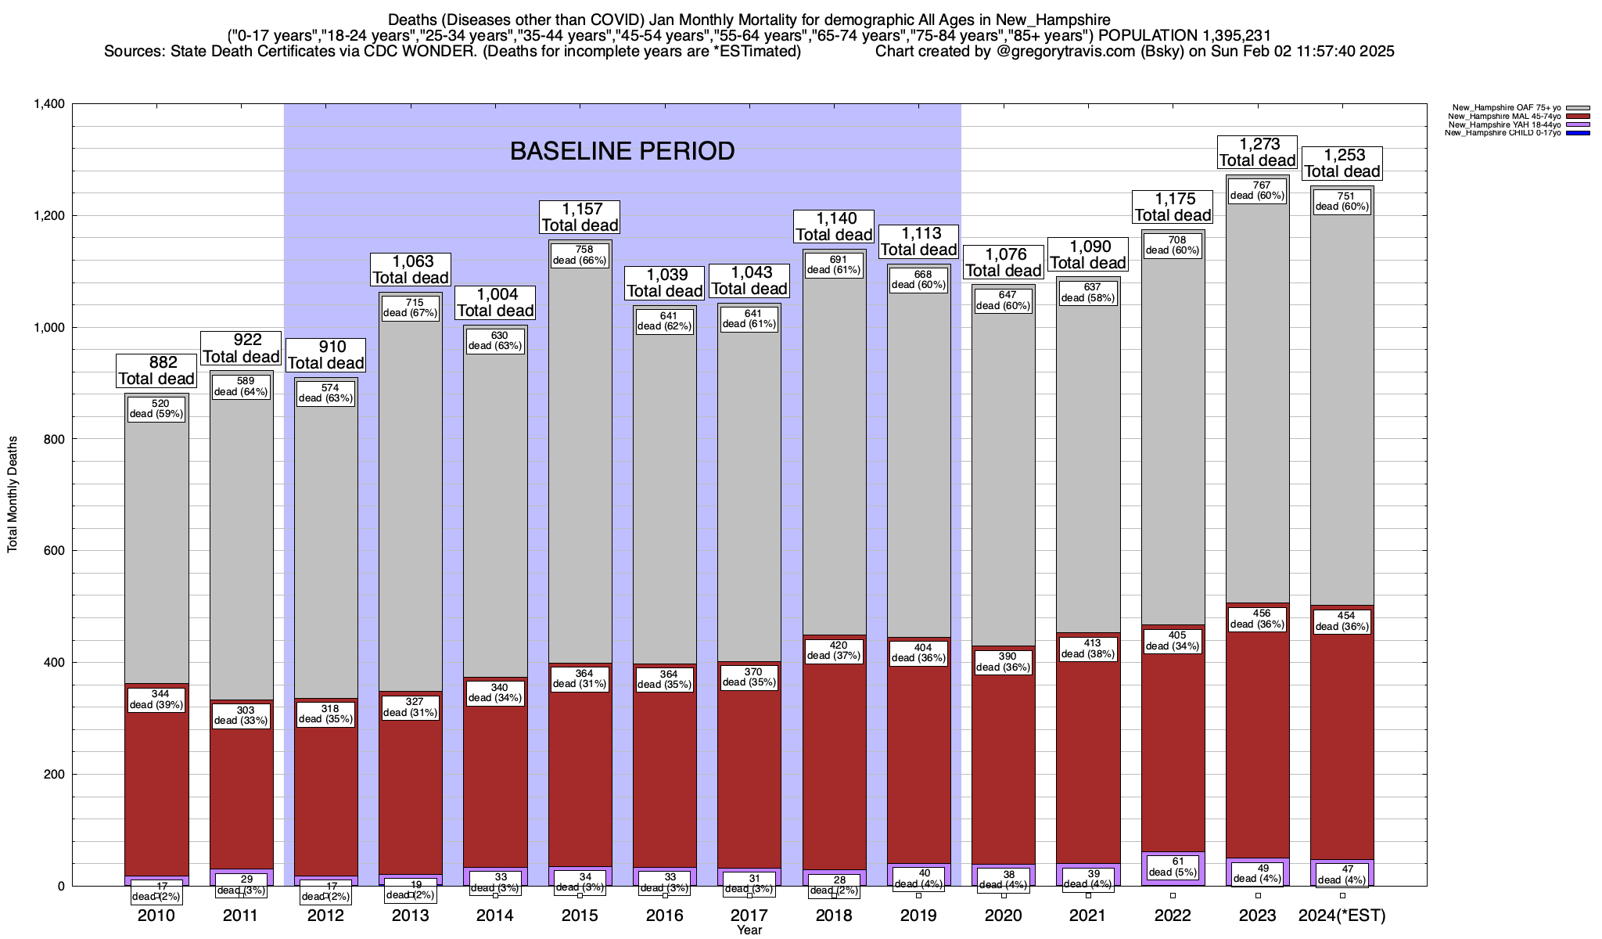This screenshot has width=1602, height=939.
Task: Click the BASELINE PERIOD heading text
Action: [x=622, y=151]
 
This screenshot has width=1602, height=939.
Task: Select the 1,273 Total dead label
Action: [x=1258, y=153]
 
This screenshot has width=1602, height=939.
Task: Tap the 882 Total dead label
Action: [x=156, y=371]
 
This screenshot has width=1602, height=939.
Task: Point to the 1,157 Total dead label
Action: [x=580, y=218]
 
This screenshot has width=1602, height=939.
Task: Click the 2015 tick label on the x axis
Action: [x=580, y=916]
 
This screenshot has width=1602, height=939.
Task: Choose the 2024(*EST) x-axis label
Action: [x=1342, y=916]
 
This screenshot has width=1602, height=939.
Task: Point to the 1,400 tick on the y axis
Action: [x=48, y=104]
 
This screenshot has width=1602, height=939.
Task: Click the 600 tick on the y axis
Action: [x=55, y=551]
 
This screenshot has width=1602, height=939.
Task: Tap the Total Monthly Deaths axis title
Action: [x=13, y=495]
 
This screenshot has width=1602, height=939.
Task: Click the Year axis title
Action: [x=749, y=930]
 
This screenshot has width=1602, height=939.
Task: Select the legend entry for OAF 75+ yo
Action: [x=1494, y=107]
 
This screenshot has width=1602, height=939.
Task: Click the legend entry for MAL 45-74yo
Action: [x=1494, y=116]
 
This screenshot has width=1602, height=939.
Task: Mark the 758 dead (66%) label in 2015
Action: [x=580, y=256]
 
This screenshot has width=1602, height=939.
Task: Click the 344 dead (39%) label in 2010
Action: [x=156, y=700]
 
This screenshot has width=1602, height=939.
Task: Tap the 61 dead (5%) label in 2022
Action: [x=1172, y=867]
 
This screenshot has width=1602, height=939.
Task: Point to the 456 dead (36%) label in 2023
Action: [x=1257, y=619]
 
